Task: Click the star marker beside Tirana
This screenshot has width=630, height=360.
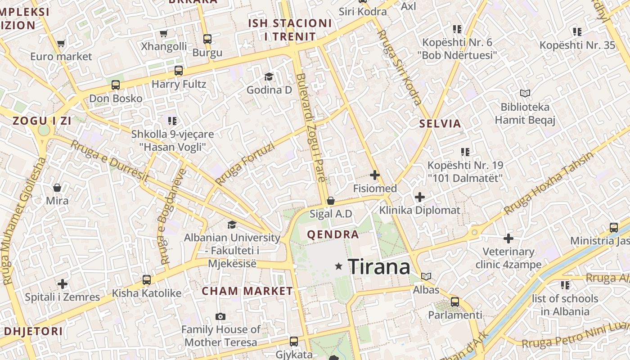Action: pyautogui.click(x=339, y=267)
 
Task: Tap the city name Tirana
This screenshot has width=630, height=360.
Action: pyautogui.click(x=379, y=267)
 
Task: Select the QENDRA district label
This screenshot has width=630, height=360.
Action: pyautogui.click(x=333, y=234)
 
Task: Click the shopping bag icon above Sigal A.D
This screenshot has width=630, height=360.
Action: pyautogui.click(x=331, y=201)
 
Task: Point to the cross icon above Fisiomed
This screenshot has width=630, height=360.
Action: pyautogui.click(x=374, y=175)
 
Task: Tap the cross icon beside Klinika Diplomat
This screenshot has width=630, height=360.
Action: pyautogui.click(x=419, y=197)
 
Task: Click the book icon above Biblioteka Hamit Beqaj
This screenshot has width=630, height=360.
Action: pyautogui.click(x=525, y=93)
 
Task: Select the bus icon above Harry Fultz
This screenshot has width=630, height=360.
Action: pyautogui.click(x=179, y=71)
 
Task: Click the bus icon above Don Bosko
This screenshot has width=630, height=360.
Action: pyautogui.click(x=116, y=85)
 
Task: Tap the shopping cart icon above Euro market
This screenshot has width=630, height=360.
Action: pyautogui.click(x=61, y=44)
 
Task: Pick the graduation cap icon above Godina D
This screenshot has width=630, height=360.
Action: pyautogui.click(x=269, y=76)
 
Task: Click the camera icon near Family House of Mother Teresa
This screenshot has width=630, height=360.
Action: pyautogui.click(x=220, y=316)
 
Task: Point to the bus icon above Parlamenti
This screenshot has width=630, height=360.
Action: pyautogui.click(x=455, y=301)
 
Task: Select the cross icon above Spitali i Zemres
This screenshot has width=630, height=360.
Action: pyautogui.click(x=63, y=284)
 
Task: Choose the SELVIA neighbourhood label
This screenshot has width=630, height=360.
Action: pyautogui.click(x=440, y=124)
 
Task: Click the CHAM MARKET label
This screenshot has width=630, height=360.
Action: pyautogui.click(x=247, y=291)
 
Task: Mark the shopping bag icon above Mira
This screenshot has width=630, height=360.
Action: pyautogui.click(x=57, y=187)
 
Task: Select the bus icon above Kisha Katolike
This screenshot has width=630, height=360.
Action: pyautogui.click(x=147, y=280)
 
